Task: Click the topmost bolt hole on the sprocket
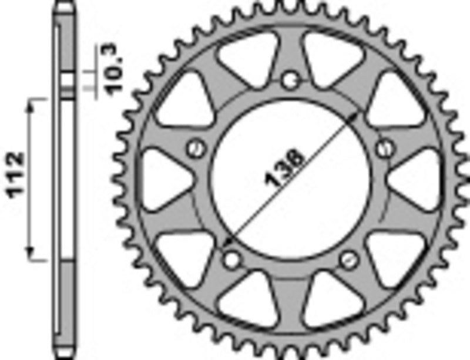point(289,80)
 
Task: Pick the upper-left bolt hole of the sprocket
point(196,147)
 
